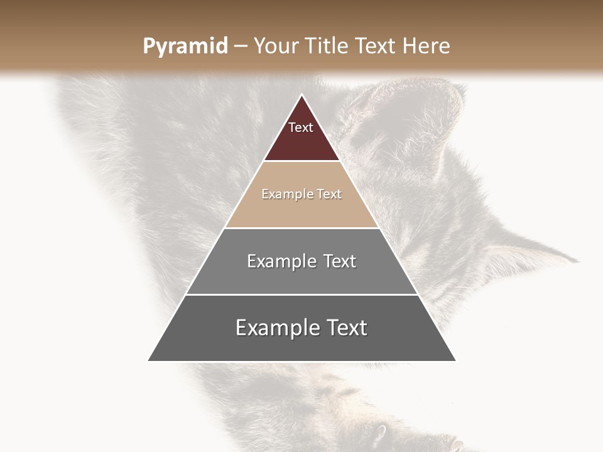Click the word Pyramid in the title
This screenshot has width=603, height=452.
[x=185, y=46]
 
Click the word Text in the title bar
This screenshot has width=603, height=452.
[x=378, y=46]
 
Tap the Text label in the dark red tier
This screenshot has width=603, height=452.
[x=301, y=127]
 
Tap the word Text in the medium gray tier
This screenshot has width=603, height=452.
[x=340, y=261]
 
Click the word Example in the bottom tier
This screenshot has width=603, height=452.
[x=278, y=328]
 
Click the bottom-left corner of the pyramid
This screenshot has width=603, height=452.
[x=149, y=360]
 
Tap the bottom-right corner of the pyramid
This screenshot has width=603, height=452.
[x=454, y=360]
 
